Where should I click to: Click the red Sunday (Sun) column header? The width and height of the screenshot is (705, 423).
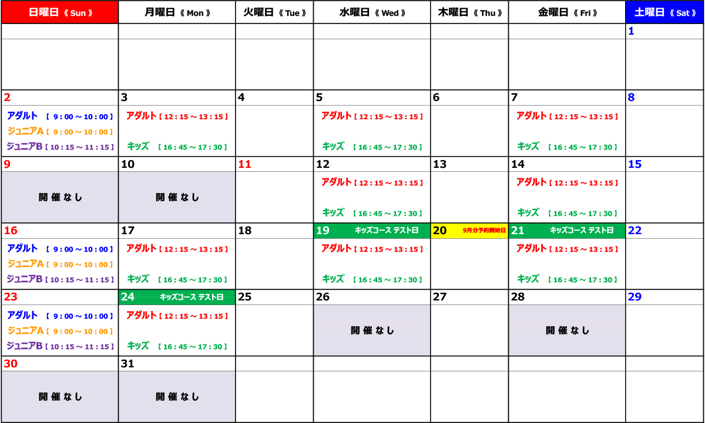tap(60, 12)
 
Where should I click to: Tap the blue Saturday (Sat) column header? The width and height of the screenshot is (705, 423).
tap(664, 12)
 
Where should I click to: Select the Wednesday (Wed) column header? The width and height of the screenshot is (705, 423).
tap(372, 12)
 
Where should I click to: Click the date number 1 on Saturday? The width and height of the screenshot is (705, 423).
tap(631, 31)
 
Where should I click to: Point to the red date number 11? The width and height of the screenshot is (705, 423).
tap(244, 164)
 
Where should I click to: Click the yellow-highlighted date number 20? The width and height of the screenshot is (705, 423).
tap(439, 231)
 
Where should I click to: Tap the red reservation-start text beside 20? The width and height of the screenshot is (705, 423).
tap(484, 231)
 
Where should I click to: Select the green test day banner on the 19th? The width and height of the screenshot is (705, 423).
tap(372, 231)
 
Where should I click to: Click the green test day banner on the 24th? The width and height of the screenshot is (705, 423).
tap(177, 297)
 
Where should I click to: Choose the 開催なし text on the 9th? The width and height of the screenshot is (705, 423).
tap(60, 197)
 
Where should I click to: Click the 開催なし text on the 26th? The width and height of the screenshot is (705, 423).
tap(372, 330)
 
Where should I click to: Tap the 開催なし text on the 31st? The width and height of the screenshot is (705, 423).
tap(177, 397)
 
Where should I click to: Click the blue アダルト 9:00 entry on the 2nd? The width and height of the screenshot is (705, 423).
tap(60, 116)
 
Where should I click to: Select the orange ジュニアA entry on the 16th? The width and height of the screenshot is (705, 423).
tap(60, 264)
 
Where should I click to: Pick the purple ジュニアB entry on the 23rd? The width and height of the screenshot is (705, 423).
tap(60, 346)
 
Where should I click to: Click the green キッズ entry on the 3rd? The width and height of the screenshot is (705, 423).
tap(177, 147)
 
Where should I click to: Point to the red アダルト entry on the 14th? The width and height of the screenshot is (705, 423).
tap(567, 182)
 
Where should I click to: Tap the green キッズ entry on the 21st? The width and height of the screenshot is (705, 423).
tap(567, 279)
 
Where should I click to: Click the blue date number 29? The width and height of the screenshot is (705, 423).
tap(634, 297)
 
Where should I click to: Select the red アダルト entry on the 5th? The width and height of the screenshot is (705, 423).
tap(372, 116)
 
